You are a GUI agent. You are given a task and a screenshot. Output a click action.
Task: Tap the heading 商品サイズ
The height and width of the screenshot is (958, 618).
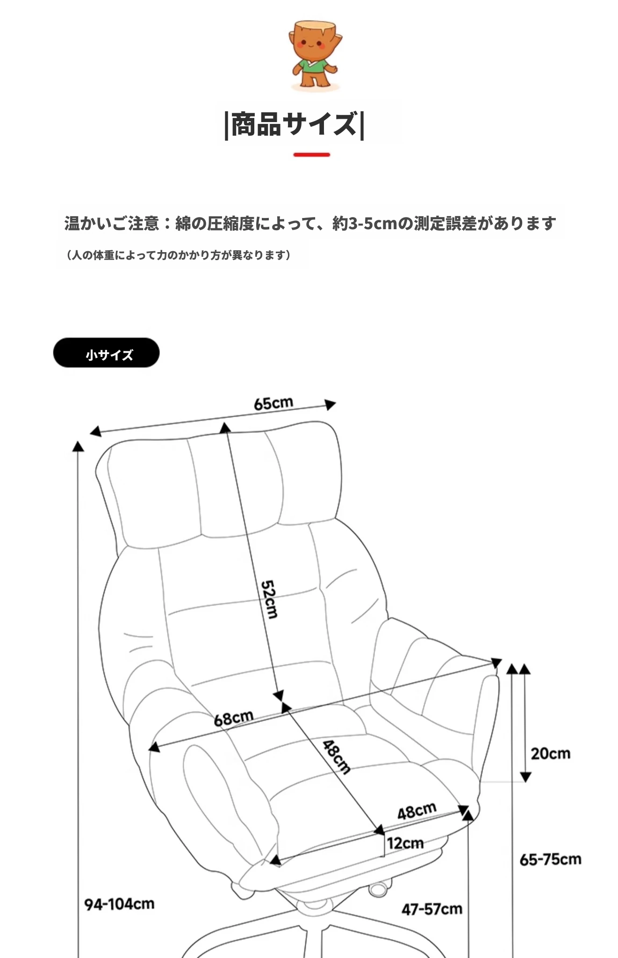[295, 124]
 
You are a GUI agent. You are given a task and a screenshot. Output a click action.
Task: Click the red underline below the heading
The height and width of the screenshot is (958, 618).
[312, 154]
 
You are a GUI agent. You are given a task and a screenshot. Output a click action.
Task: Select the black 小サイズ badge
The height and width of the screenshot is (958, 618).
[106, 353]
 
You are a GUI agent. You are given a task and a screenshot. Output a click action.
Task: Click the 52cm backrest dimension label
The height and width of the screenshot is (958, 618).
[269, 599]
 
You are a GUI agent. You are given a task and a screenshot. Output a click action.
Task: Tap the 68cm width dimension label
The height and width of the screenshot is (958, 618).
[234, 718]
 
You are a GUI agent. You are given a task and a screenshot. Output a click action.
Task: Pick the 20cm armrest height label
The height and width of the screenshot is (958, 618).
[550, 754]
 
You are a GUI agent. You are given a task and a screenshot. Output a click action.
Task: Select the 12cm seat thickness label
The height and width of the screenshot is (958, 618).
[405, 843]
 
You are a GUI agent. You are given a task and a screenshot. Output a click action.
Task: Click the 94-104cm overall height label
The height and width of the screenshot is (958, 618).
[119, 904]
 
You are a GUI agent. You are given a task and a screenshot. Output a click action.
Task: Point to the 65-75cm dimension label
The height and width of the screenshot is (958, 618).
[551, 859]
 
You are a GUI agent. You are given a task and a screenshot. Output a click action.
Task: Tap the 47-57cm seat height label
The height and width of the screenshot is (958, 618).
[432, 909]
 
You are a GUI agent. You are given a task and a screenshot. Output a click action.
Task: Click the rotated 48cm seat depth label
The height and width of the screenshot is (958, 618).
[337, 757]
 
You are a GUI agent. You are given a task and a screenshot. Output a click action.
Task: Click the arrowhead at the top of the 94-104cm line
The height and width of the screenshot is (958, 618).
[78, 446]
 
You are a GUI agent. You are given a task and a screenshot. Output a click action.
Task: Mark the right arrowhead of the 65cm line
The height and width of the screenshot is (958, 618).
[330, 405]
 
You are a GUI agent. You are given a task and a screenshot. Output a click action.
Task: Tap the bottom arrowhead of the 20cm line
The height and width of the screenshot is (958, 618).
[525, 777]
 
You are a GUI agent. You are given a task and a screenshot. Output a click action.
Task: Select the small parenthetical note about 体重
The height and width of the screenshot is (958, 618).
[178, 255]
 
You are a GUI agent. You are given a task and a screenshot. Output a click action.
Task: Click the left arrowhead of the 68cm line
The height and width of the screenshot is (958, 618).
[154, 747]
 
